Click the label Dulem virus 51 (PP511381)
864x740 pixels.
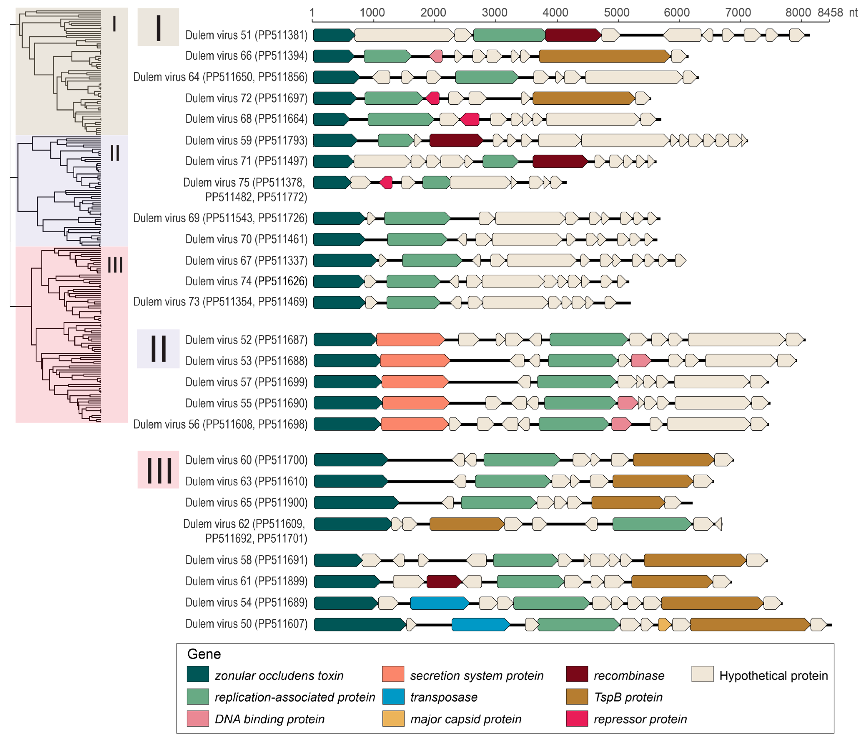[246, 35]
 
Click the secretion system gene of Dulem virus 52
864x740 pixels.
[410, 340]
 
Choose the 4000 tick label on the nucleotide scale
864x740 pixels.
[555, 12]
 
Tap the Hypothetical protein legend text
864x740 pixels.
[773, 675]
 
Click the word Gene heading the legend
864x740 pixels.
[204, 654]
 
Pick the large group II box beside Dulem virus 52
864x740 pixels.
[158, 349]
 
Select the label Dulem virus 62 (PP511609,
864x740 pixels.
[244, 524]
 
